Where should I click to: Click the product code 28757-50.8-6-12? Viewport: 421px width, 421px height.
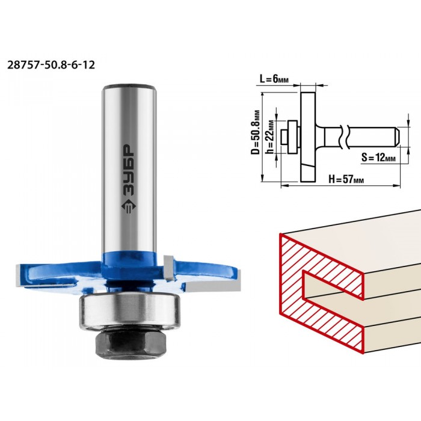point(51,65)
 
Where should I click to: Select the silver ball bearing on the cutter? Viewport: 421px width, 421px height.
point(129,310)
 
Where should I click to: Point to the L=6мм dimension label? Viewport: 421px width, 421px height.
point(274,79)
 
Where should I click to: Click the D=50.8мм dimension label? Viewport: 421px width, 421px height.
point(256,132)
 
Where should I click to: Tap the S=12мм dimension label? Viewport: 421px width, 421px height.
point(378,158)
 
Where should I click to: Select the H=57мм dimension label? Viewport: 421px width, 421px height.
point(346,179)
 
